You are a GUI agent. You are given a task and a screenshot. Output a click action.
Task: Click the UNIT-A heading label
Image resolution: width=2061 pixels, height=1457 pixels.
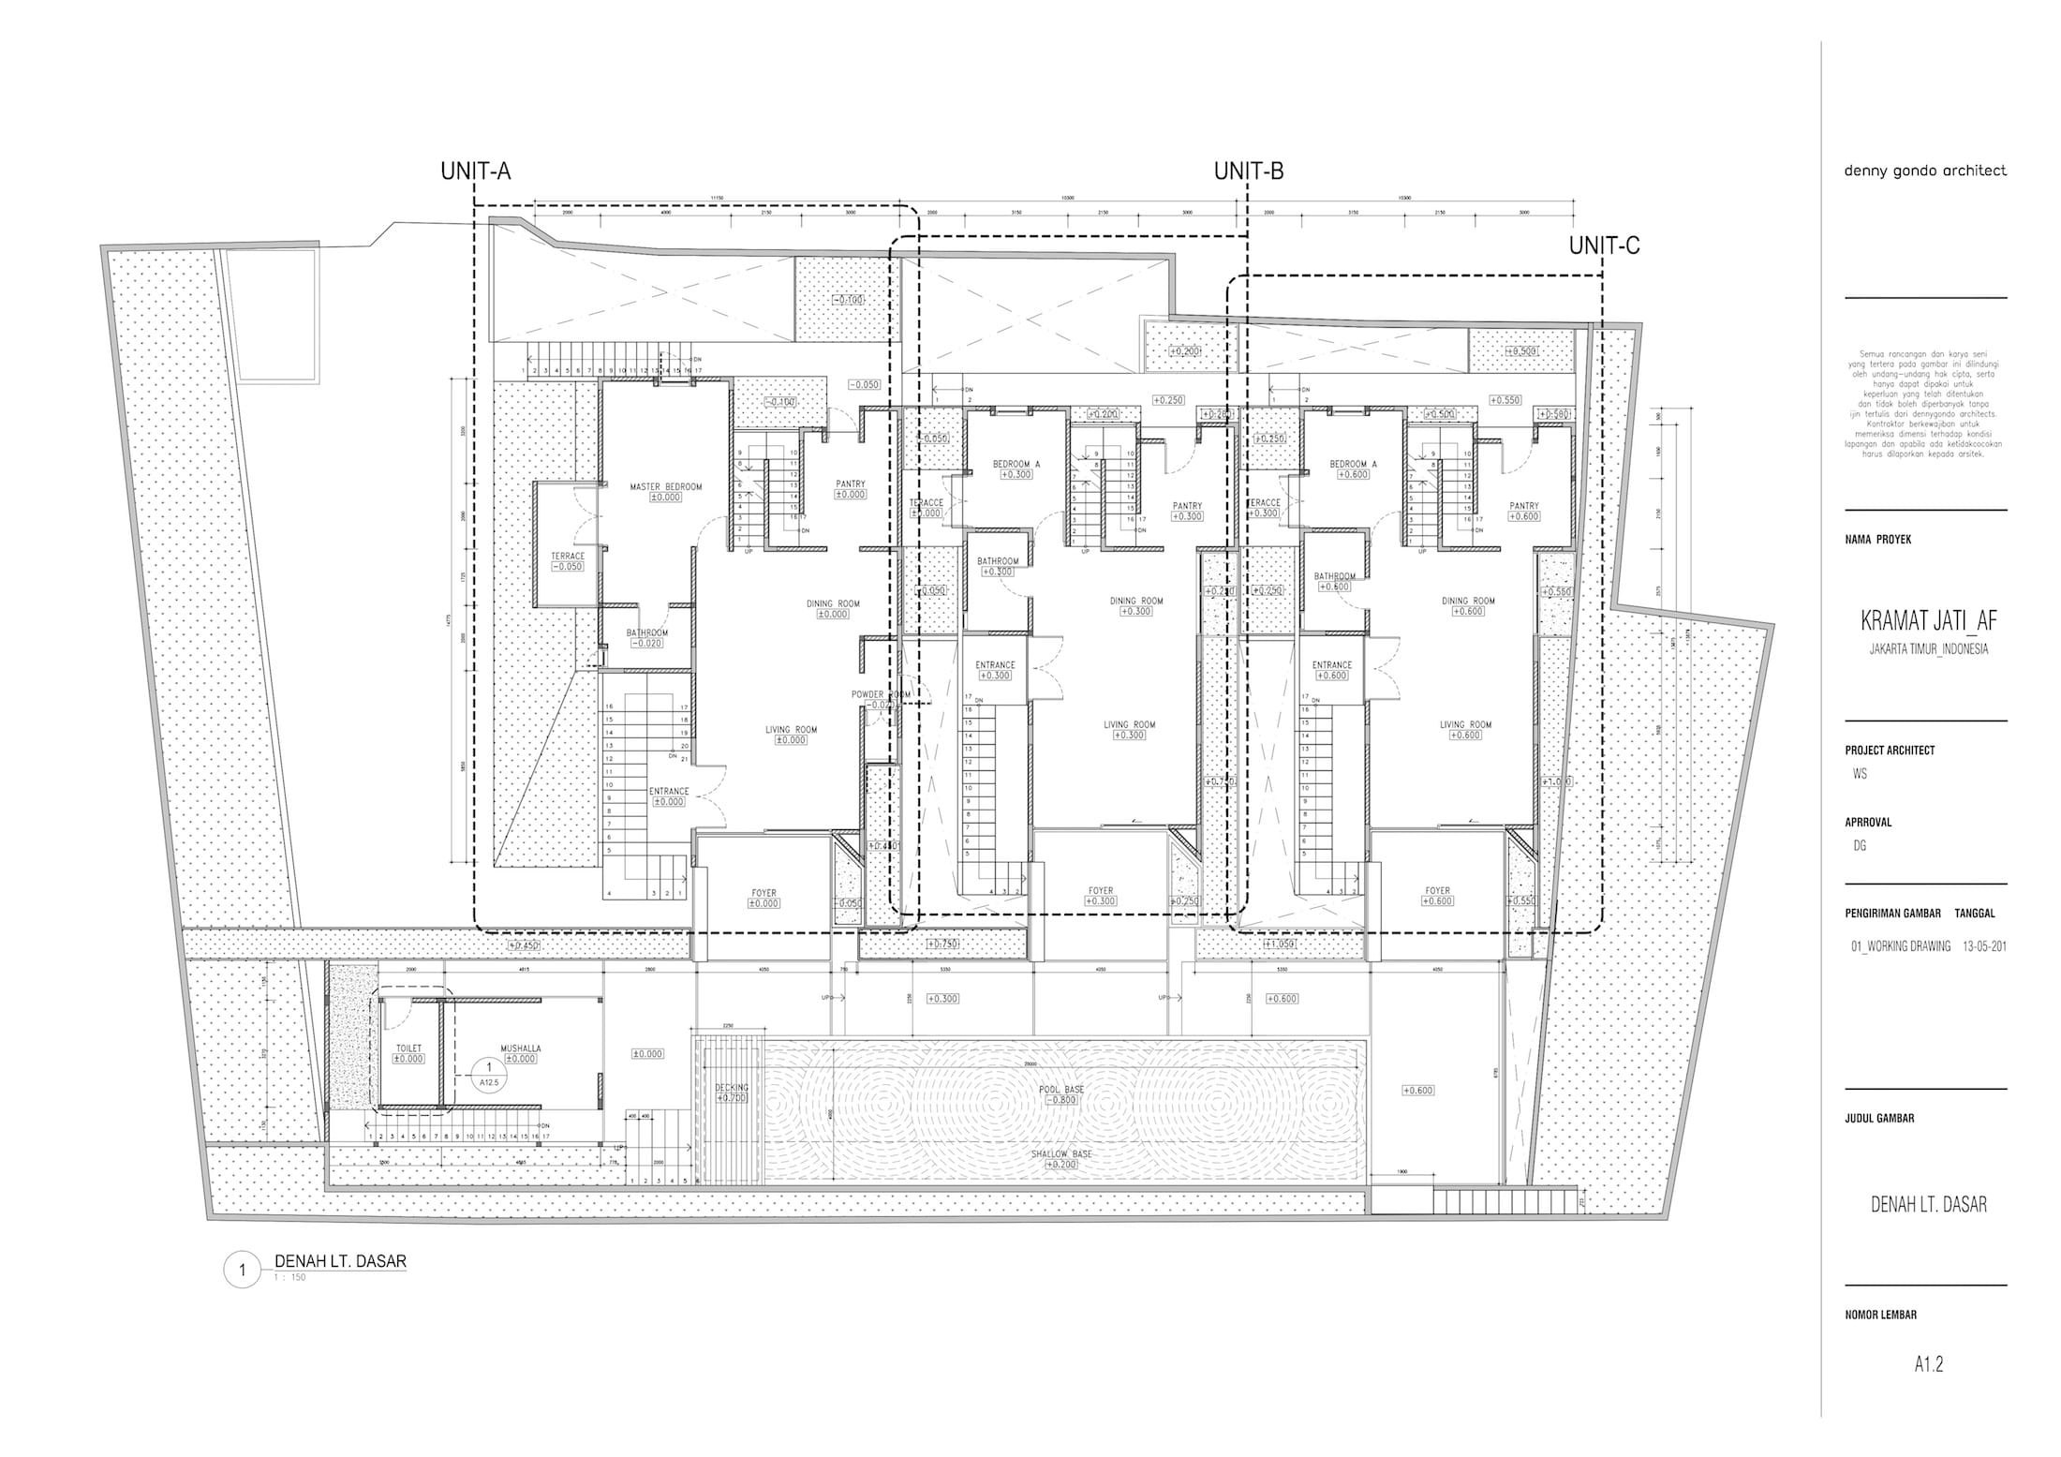475,171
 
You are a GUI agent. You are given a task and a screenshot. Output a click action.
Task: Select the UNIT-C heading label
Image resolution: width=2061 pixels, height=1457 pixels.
1604,246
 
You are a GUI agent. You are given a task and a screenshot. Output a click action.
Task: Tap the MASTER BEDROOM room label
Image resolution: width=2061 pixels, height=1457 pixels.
665,487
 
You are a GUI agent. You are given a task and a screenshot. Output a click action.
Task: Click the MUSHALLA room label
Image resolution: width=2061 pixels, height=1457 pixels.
520,1048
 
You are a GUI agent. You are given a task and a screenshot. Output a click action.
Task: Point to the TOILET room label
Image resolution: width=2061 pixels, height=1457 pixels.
408,1048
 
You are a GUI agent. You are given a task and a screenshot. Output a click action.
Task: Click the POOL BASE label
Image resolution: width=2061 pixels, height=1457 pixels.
1061,1089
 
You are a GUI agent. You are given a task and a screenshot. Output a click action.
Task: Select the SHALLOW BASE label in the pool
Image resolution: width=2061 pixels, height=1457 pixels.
1061,1154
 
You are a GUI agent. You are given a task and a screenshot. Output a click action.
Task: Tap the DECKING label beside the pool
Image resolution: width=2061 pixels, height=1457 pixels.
732,1088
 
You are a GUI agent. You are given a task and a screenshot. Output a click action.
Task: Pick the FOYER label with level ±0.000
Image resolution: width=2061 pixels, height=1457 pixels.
764,893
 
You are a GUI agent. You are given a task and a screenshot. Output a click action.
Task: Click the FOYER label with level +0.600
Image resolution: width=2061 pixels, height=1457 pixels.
1437,891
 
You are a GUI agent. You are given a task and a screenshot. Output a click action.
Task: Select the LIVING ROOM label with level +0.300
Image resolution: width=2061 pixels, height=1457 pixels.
1129,724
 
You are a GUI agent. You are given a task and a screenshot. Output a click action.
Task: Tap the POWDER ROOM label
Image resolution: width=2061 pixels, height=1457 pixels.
881,694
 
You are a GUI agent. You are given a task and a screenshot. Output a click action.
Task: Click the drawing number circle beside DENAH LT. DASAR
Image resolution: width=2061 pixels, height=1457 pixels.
243,1271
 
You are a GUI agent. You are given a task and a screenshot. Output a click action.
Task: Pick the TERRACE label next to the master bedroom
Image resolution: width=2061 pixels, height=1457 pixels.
568,556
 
